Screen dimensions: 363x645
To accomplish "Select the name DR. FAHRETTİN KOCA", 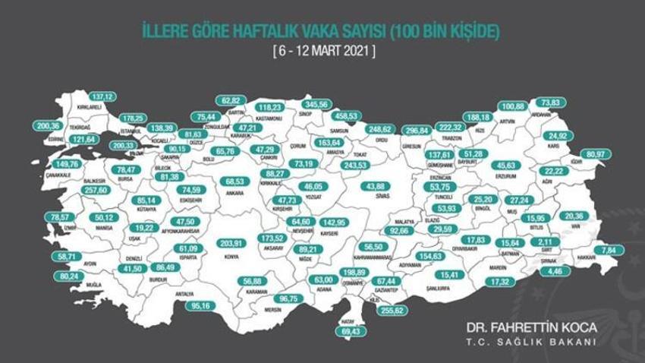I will (x=531, y=327).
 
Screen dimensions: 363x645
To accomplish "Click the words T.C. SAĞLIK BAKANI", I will (x=531, y=342).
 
